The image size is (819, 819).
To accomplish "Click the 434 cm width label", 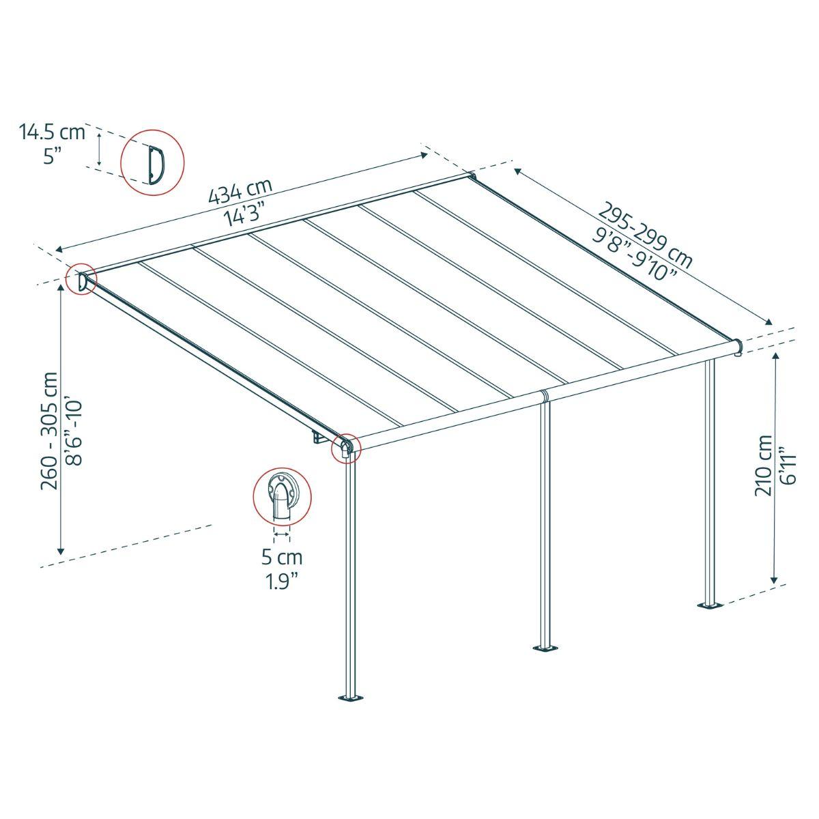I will point(240,192).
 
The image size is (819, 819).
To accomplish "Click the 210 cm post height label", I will point(764,465).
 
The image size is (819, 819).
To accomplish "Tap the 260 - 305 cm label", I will point(50,431).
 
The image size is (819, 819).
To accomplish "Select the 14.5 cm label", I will point(53,131).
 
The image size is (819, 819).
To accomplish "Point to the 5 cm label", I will point(282,558).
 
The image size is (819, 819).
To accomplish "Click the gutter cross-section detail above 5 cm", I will point(281,496).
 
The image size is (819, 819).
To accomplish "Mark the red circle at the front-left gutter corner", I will point(345,448).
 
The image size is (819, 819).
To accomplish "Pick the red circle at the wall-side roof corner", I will point(81,279).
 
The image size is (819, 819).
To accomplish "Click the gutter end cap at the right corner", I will point(738,347).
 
